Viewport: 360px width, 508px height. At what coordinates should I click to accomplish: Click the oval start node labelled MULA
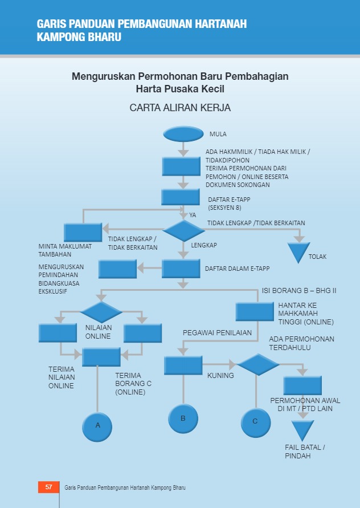(183, 133)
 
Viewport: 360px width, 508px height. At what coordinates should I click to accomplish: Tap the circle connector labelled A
(97, 426)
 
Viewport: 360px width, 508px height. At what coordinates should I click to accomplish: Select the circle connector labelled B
(183, 418)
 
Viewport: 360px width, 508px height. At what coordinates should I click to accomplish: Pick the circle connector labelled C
(255, 421)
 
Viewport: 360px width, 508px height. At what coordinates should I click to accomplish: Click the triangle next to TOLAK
(298, 251)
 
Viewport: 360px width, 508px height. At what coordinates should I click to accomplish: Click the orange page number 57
(48, 487)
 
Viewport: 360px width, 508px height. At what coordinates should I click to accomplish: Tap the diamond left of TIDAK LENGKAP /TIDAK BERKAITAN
(183, 231)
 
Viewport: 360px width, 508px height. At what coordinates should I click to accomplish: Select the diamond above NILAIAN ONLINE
(101, 312)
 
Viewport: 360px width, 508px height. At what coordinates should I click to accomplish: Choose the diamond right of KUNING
(258, 364)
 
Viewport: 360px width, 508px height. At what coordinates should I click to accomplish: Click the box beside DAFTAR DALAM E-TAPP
(181, 268)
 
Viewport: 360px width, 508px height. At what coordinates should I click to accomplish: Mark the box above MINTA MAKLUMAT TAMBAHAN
(83, 232)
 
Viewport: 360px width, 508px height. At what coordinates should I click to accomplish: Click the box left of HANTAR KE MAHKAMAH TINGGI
(255, 311)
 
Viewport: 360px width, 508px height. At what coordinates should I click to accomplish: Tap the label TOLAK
(318, 257)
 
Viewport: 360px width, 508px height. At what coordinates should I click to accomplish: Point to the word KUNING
(220, 376)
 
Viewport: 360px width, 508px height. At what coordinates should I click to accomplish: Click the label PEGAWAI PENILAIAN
(217, 332)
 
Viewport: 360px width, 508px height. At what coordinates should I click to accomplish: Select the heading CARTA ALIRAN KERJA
(180, 107)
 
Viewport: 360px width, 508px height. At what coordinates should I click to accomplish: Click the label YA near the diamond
(193, 215)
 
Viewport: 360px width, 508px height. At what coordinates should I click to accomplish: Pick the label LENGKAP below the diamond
(204, 245)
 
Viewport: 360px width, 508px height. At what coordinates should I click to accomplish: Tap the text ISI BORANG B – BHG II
(299, 291)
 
